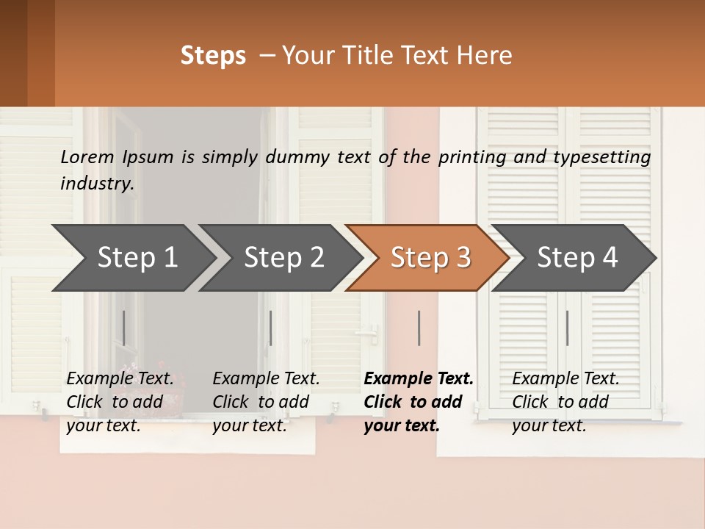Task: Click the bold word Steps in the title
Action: point(213,56)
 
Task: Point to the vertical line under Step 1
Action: point(124,328)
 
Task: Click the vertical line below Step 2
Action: point(271,328)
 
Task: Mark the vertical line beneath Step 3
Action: point(419,328)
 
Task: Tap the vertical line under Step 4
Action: point(567,328)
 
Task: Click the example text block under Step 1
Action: point(120,402)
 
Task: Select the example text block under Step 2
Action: point(266,402)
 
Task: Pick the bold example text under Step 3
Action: point(418,402)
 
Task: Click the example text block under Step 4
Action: point(565,402)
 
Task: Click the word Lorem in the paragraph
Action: point(87,157)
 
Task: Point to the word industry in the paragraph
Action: point(97,183)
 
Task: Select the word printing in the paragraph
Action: point(470,157)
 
